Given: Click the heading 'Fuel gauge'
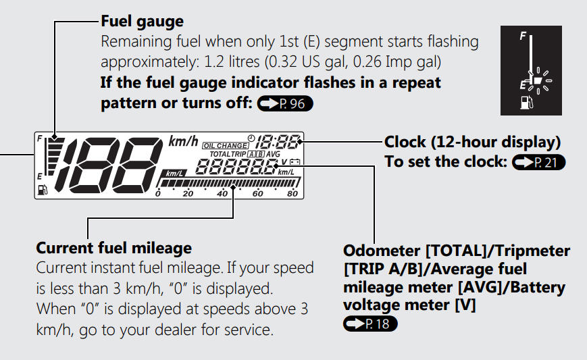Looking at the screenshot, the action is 143,22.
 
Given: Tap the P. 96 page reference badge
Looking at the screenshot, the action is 285,103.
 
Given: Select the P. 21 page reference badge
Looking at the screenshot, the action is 539,162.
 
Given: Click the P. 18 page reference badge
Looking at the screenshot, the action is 370,324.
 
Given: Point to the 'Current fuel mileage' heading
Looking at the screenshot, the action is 113,248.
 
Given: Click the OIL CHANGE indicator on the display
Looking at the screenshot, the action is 226,146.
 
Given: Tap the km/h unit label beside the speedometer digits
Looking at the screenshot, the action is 183,141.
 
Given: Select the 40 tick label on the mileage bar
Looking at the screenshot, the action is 222,193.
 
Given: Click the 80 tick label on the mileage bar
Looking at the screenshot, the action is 292,193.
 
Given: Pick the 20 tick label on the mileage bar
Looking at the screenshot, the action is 188,193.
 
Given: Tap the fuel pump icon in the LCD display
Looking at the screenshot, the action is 43,190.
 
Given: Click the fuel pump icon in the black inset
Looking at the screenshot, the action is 527,103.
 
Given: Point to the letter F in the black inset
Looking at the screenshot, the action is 523,36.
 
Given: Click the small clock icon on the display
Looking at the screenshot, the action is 251,138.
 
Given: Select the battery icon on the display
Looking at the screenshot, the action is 295,161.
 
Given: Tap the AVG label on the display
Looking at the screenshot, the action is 274,154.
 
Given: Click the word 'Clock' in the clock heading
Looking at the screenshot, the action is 405,143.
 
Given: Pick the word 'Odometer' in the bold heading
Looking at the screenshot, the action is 382,251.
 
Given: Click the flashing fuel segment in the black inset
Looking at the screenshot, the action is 537,80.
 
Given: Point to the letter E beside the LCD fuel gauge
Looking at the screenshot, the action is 39,177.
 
